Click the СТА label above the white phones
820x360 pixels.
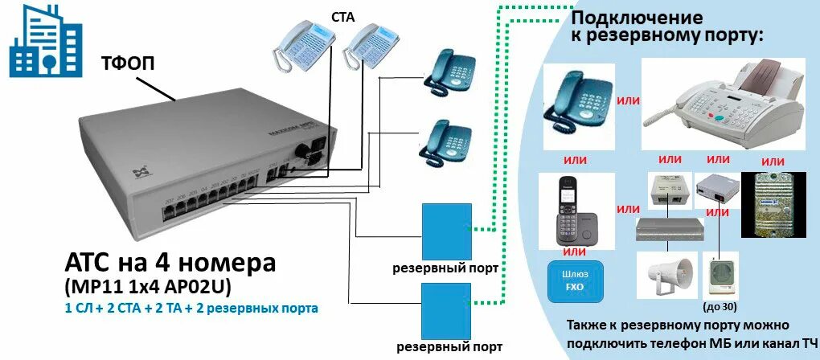coord(342,15)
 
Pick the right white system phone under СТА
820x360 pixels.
coord(371,47)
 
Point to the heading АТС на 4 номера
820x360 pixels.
coord(170,264)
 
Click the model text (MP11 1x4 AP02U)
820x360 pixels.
coord(146,287)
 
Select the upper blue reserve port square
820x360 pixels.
coord(446,230)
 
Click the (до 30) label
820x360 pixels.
coord(721,306)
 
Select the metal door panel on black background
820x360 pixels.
coord(773,204)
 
